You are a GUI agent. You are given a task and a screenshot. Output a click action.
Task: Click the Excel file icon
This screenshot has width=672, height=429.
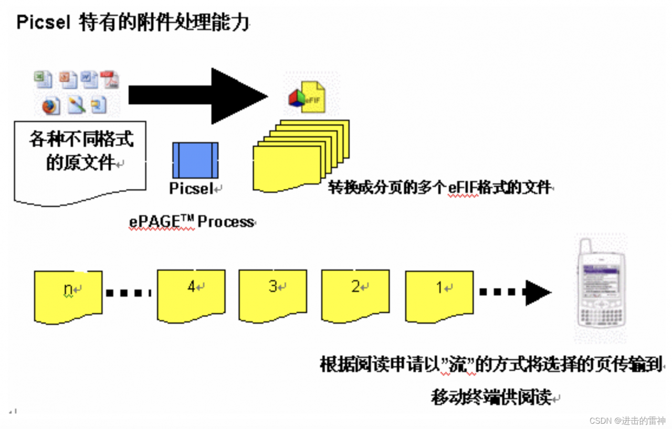43,80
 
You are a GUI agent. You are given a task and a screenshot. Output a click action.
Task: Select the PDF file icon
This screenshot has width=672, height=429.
110,80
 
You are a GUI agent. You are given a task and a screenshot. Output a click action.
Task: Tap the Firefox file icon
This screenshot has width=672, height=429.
51,105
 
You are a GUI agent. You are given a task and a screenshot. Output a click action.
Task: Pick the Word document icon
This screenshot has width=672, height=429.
89,80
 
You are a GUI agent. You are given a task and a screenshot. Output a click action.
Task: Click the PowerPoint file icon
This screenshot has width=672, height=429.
68,80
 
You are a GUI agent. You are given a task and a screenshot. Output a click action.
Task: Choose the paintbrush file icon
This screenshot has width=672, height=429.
77,105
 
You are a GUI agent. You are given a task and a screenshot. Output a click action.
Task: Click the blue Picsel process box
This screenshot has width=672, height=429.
195,160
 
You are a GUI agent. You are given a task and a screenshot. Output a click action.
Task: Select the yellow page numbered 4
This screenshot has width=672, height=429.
192,295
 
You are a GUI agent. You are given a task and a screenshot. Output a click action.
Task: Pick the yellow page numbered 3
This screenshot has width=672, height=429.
272,295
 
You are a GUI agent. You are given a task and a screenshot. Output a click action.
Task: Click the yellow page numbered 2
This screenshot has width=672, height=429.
355,295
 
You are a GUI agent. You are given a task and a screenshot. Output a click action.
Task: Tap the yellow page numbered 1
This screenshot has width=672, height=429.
439,295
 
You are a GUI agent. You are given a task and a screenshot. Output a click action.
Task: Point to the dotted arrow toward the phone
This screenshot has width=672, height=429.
514,293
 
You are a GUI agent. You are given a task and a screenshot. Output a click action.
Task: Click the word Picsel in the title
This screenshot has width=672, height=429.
43,23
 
